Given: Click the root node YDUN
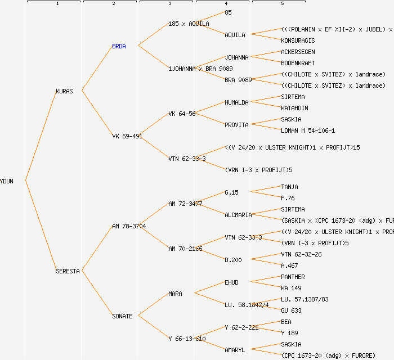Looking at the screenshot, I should coord(7,181).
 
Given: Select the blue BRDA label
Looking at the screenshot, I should coord(119,46).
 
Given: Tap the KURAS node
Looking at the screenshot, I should coord(64,91).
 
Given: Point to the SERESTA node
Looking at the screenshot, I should coord(68,271).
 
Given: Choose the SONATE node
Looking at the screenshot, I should coord(122,316).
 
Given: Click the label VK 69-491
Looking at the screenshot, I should coord(127,136).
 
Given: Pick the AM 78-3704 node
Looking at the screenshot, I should coord(129,226).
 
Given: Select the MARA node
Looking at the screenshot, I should coord(175,294).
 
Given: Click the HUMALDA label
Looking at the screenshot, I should coord(236,102).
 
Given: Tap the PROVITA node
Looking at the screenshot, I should coord(236,125).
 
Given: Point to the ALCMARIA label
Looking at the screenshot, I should coord(238,215).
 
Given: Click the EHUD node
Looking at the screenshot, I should coord(231,282).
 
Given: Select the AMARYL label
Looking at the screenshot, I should coord(235,350).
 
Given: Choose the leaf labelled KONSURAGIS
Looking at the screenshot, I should coord(298,40).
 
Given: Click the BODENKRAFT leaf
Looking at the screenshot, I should coord(298,63).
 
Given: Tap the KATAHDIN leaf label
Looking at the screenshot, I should coord(294,108).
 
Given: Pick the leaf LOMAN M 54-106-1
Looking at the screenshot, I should coord(308,130).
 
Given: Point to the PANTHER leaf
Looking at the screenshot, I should coord(293,277).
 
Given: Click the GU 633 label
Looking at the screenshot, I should coord(291,310).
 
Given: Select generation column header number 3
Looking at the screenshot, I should coord(169,4).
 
